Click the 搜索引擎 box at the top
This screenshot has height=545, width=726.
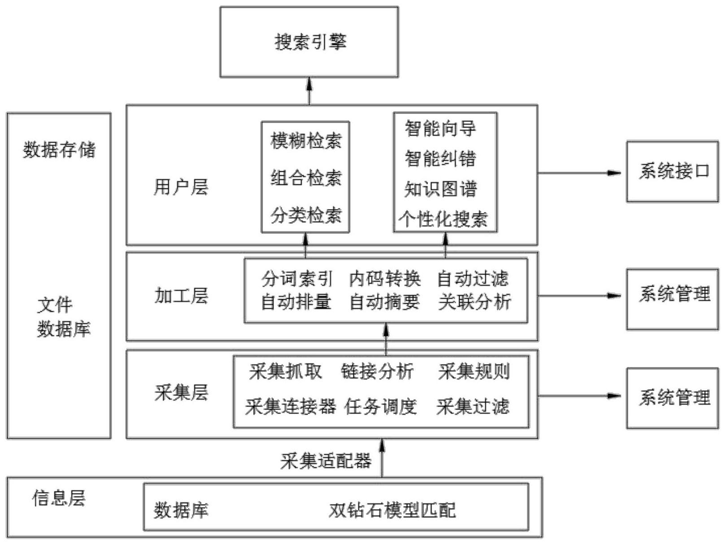309,42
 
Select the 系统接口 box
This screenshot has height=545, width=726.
672,171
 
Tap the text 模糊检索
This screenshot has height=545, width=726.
306,141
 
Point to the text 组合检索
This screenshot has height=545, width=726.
306,178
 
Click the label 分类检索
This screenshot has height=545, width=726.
306,215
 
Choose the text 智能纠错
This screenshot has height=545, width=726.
440,158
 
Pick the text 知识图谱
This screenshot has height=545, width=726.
440,189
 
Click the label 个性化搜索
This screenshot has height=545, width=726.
443,219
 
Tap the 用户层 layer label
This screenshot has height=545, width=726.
181,187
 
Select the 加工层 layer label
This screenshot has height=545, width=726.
181,296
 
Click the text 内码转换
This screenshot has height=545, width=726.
385,279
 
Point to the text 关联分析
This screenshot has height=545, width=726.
474,302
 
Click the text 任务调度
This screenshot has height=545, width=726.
381,406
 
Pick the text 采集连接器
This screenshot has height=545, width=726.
291,406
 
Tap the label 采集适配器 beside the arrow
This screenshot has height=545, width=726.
326,461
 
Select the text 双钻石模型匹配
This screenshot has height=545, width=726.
392,510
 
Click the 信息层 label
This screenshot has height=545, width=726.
59,498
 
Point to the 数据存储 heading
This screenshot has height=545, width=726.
59,149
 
